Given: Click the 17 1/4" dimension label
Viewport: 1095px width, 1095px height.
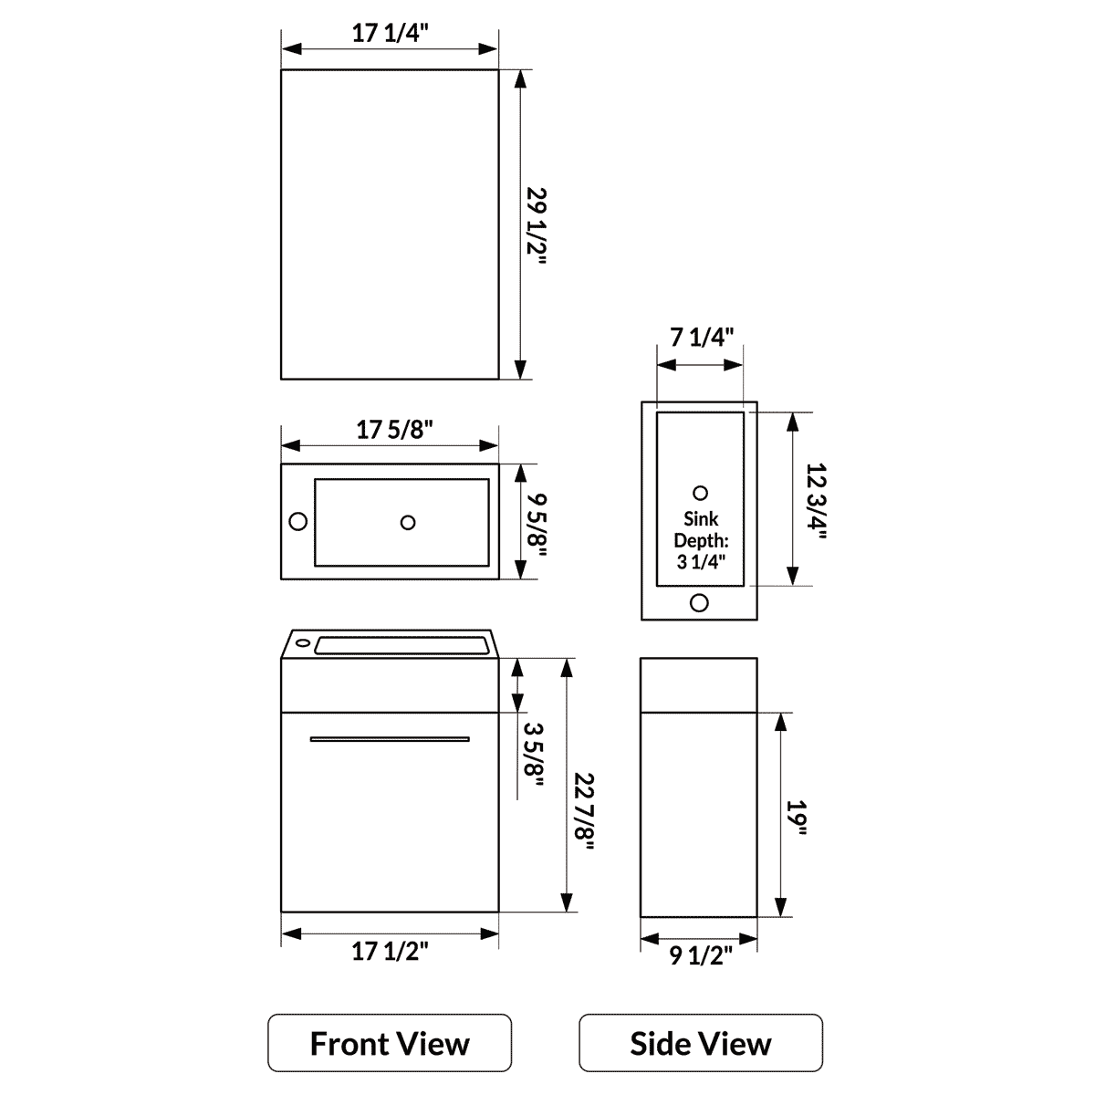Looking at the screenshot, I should pos(391,33).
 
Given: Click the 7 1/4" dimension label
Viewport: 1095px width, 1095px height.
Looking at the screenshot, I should pos(702,337).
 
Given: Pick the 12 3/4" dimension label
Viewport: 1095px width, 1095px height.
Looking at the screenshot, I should pos(815,501).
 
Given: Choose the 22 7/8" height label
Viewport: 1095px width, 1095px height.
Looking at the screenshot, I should pos(584,811).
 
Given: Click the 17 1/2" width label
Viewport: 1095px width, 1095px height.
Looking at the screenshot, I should pos(391,952).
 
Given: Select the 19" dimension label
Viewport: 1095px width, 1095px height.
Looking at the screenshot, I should pos(799,817).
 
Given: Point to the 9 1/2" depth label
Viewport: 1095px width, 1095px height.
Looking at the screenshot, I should pos(701,955).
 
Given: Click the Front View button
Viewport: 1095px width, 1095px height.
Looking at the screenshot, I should pos(390,1043).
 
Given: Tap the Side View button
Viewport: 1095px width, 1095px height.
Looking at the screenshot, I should pos(701,1043).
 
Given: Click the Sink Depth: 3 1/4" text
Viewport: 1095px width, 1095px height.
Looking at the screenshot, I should pos(700,540).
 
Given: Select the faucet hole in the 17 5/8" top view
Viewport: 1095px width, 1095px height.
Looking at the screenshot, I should pos(297,522).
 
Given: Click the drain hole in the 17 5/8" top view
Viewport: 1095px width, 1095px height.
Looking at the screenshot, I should pos(408,522).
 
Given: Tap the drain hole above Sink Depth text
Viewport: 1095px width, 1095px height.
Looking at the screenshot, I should pos(700,493).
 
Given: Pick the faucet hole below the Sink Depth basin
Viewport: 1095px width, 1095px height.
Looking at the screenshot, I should pos(700,602).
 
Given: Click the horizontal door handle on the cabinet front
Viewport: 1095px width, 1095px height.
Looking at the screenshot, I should pos(390,738).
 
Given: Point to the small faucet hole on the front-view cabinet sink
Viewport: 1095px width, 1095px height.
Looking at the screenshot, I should pos(302,642).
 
